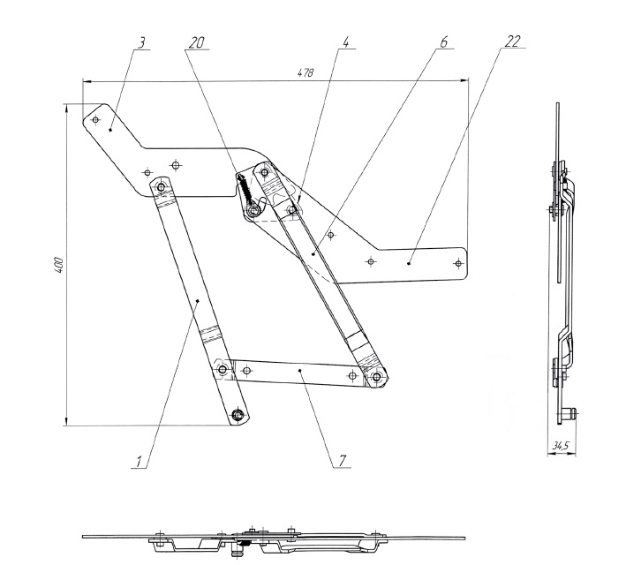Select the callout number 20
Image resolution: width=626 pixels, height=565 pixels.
click(197, 42)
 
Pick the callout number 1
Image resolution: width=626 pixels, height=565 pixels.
click(140, 459)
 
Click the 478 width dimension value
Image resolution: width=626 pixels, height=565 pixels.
click(305, 72)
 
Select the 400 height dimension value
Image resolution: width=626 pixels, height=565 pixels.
click(57, 264)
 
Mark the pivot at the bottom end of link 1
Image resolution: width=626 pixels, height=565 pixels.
click(238, 414)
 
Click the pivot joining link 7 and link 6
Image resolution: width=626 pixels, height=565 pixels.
click(377, 377)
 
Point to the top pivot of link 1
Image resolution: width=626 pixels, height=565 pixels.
click(161, 187)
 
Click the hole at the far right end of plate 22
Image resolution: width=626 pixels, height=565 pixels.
click(457, 262)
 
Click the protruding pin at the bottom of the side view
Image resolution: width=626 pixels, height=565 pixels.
click(572, 412)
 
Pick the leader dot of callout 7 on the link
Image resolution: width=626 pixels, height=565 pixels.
click(301, 372)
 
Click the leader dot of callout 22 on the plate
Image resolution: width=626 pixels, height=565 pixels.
click(409, 261)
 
